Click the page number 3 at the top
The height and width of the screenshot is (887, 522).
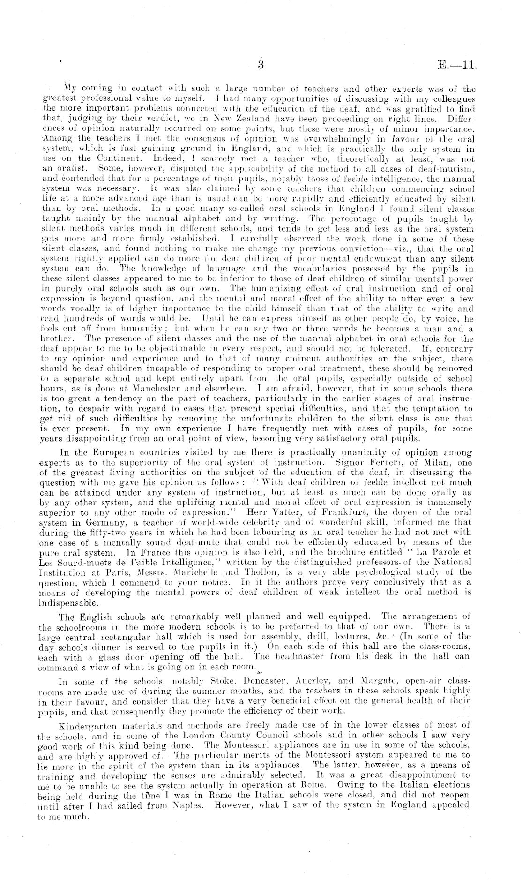tap(261, 66)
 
